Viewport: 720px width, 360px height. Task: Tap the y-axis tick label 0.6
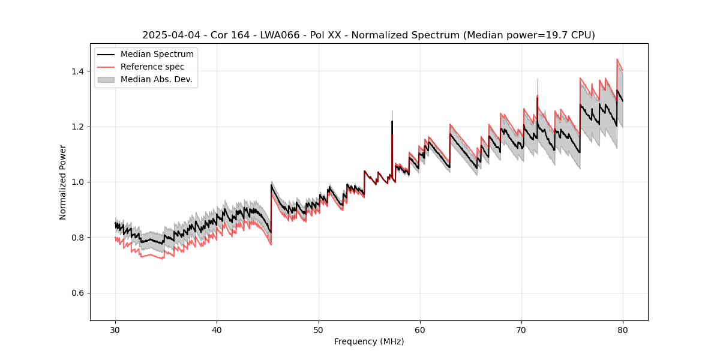point(77,293)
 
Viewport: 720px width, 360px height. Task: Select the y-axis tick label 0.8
point(77,238)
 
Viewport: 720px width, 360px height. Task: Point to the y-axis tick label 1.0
point(77,182)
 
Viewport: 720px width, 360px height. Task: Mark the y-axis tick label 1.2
point(77,127)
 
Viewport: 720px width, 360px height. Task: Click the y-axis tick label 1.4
point(77,71)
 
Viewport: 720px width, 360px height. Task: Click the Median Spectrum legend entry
point(157,55)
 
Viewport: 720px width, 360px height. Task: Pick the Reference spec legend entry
point(152,67)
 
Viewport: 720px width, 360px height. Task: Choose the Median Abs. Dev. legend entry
point(156,79)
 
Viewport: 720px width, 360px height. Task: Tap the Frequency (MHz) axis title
point(369,341)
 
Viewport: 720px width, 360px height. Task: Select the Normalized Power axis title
point(63,182)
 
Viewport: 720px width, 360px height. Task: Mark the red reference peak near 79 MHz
point(617,59)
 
